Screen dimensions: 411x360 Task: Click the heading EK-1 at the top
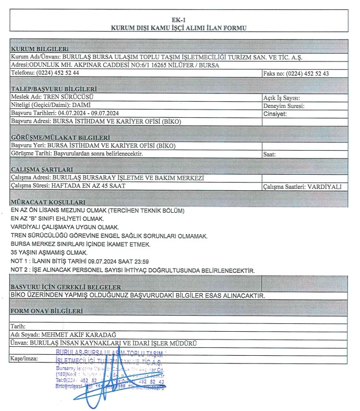[179, 20]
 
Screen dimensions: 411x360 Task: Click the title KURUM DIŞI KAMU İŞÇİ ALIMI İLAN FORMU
[179, 28]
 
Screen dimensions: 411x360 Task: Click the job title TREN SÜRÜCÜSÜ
[73, 97]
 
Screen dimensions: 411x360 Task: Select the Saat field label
[272, 155]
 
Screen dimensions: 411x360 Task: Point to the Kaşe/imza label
[24, 359]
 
